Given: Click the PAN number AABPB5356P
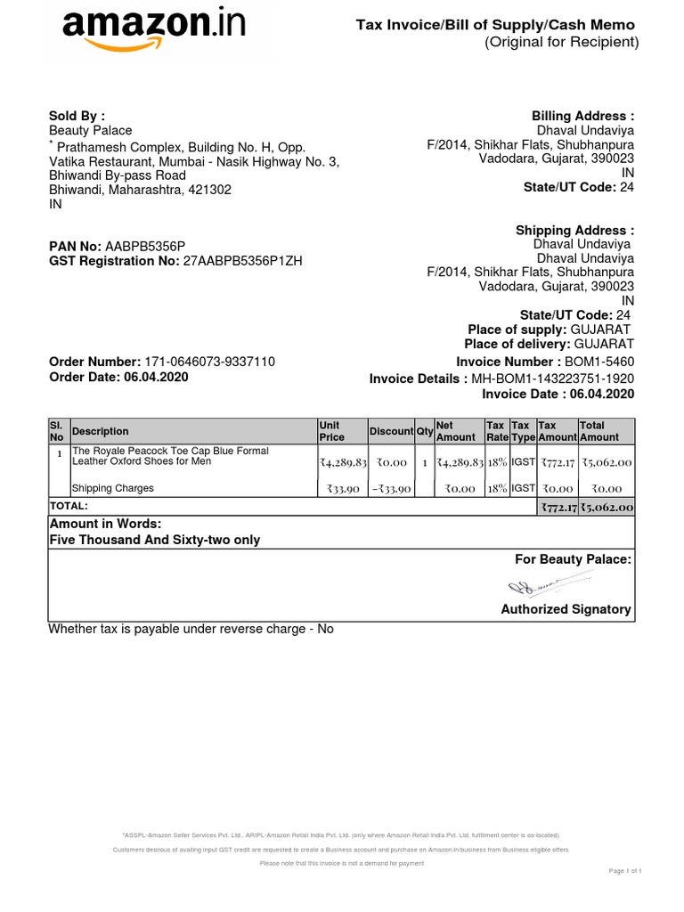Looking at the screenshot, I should point(145,246).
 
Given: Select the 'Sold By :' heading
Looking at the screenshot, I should point(77,116).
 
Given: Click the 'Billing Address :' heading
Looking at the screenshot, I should point(582,116).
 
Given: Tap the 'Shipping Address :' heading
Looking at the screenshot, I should point(575,231).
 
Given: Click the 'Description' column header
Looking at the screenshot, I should point(100,431).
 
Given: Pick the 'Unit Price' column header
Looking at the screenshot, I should point(331,431).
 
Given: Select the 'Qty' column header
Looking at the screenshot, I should point(425,431).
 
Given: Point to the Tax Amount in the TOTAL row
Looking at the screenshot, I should point(558,507).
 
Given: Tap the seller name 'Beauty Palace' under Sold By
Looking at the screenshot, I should point(90,131).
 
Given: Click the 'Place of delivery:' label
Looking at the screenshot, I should point(517,344).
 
